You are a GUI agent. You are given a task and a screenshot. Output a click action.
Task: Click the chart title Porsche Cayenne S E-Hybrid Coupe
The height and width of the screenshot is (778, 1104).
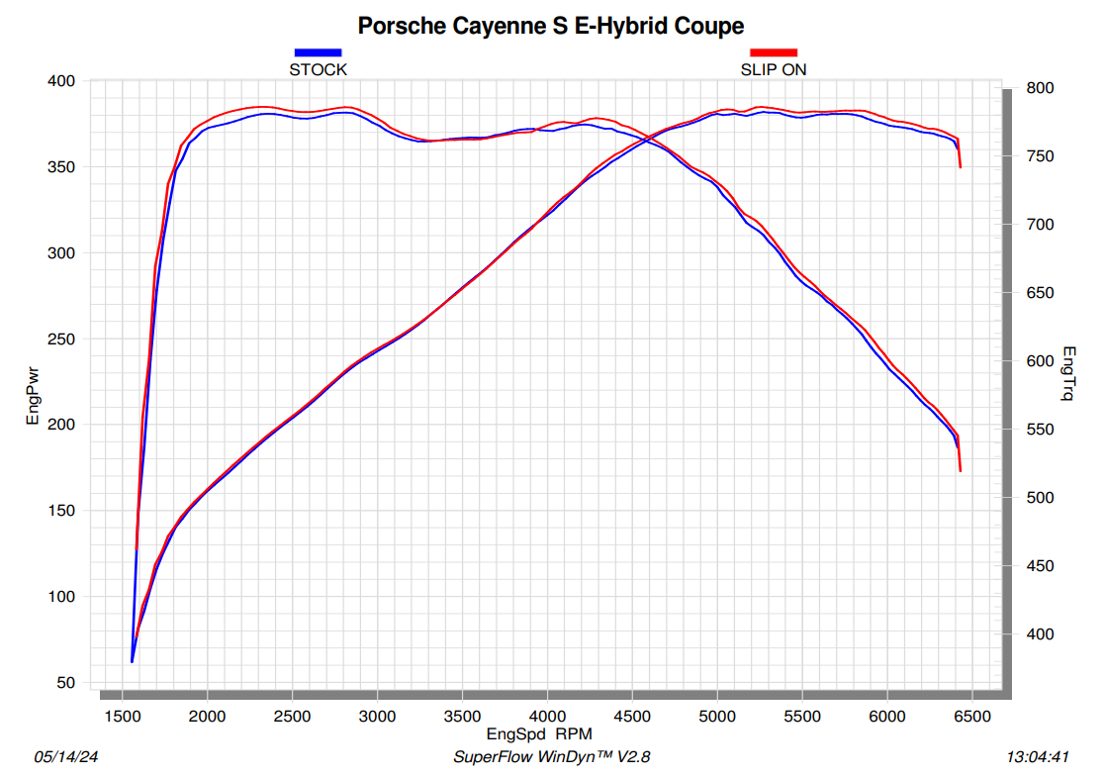pos(551,26)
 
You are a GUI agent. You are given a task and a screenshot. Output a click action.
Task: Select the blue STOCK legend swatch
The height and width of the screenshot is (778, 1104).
pos(318,52)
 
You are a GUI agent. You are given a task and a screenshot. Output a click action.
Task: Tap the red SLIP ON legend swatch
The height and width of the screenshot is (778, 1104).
pos(773,52)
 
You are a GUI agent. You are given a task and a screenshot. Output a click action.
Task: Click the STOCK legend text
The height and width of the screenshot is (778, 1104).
pos(318,70)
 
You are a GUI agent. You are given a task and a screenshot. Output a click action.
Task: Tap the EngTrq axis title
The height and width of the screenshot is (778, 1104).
pos(1069,373)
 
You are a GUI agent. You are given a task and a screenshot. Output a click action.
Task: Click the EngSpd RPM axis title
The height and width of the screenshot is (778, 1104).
pos(539,735)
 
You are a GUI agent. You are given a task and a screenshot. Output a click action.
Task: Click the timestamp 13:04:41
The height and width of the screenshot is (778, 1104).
pos(1038,757)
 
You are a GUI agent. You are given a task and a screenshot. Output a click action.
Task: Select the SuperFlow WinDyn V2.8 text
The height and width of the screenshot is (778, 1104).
pos(551,757)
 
